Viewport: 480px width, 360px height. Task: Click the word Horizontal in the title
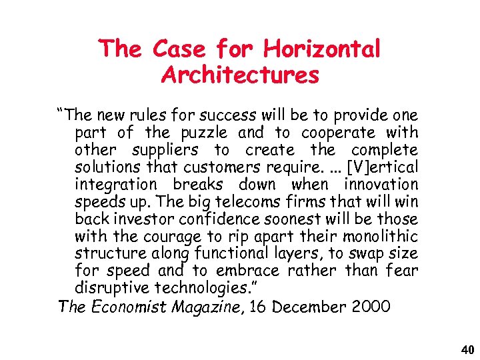click(x=322, y=49)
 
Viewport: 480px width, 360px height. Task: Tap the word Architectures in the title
click(x=240, y=75)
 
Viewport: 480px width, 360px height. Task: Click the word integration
click(x=116, y=185)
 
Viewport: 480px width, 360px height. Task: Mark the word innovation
click(x=381, y=185)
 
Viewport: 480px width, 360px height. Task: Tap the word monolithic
click(x=380, y=237)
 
